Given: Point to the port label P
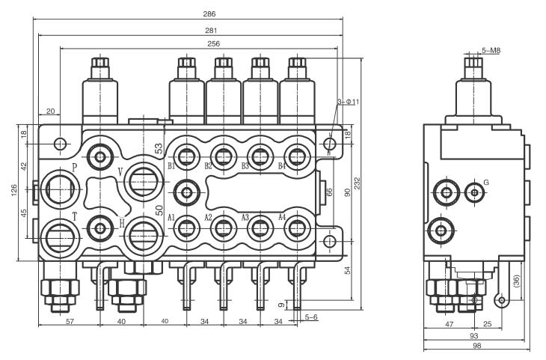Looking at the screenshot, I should tap(74, 166).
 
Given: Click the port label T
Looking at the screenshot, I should tap(74, 216).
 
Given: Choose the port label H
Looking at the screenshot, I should tap(121, 222).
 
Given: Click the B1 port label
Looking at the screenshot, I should tap(171, 166).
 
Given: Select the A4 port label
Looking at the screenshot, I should tap(283, 217).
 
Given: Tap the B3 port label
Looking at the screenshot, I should tap(245, 166).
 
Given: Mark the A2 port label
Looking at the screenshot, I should tap(209, 217).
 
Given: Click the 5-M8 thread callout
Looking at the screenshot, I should tap(491, 50).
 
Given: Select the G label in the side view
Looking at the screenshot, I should tap(487, 182).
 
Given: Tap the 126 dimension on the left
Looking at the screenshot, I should tap(14, 191).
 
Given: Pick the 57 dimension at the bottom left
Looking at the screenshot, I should tap(70, 321).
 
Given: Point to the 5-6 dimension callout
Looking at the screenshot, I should tap(312, 317).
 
